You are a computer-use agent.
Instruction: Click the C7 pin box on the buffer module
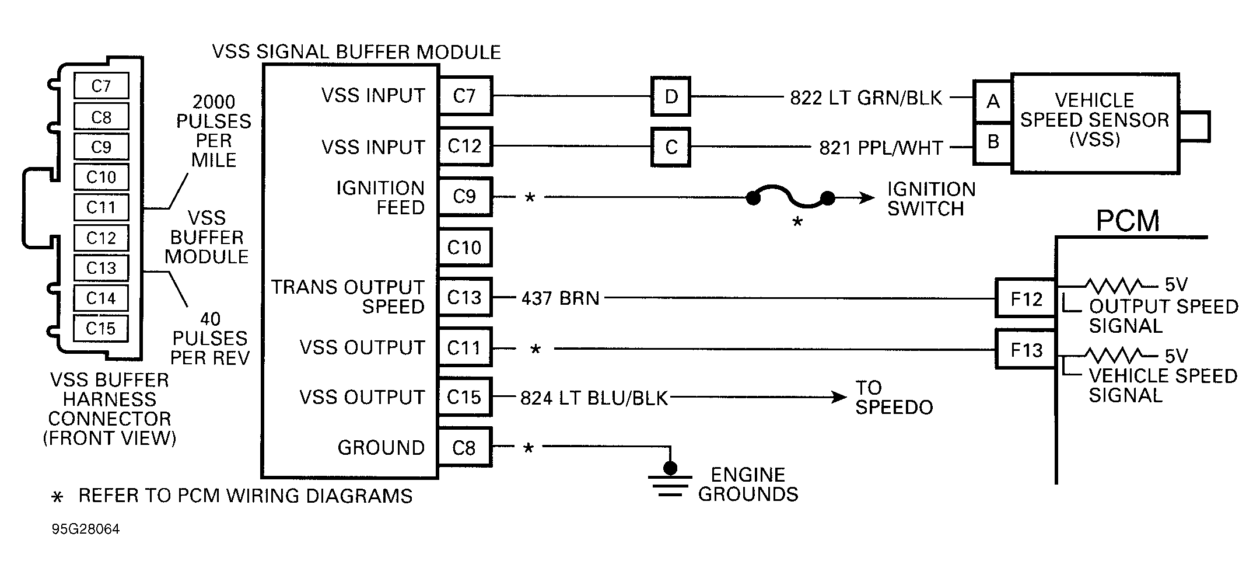465,96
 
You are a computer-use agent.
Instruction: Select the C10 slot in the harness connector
101,177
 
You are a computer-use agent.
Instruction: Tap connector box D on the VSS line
671,96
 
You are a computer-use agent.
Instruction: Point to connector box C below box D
671,147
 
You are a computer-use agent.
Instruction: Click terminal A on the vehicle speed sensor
993,102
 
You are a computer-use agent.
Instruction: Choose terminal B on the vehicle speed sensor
993,142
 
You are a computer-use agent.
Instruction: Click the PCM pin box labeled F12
1025,299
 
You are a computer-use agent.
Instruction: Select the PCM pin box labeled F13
1025,350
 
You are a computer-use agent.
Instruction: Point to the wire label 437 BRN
560,298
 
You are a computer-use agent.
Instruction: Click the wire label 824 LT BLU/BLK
594,398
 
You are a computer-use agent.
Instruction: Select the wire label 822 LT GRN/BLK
866,98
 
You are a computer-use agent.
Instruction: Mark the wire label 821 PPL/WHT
881,148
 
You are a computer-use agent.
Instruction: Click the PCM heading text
1127,221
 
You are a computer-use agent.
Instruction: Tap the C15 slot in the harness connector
101,328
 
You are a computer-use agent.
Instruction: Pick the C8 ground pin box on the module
465,448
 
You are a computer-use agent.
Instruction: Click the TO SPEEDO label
894,398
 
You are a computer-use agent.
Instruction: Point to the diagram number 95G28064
86,529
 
